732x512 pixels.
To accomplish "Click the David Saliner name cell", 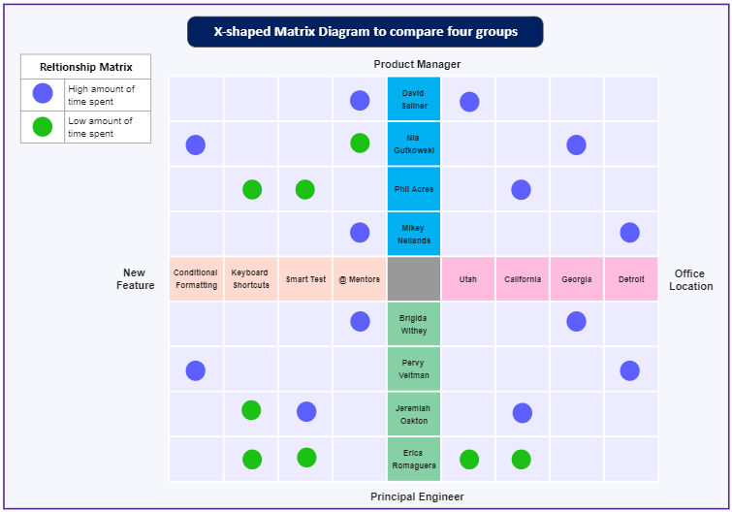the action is pos(414,99).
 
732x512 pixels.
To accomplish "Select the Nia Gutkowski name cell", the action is pos(414,144).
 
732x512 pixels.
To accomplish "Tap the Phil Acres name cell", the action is pos(414,188).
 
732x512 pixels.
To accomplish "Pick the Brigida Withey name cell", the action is pos(414,324).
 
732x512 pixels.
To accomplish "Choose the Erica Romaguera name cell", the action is pos(414,459).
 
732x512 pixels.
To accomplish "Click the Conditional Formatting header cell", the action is pos(196,278).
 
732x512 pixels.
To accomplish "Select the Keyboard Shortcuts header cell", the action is pos(251,278).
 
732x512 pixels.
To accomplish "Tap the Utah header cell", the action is pos(467,278).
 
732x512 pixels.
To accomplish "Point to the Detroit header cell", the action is pos(631,278).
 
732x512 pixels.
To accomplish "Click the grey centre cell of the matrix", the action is pos(414,278).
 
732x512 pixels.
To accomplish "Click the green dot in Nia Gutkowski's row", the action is pos(360,143).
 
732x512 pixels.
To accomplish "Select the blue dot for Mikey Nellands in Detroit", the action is pos(630,233).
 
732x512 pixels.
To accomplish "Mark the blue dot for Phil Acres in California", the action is pos(521,189).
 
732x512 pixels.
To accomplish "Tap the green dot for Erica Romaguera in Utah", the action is pos(469,460).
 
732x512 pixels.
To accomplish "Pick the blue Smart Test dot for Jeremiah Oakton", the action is pos(306,412).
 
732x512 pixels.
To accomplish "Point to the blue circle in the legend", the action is pos(43,93).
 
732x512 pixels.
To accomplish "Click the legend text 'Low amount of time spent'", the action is pos(101,127).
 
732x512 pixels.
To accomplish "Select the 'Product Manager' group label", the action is pos(417,64).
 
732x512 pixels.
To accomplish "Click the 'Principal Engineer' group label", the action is pos(417,496).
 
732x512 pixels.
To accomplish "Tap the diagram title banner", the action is pos(366,32).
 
